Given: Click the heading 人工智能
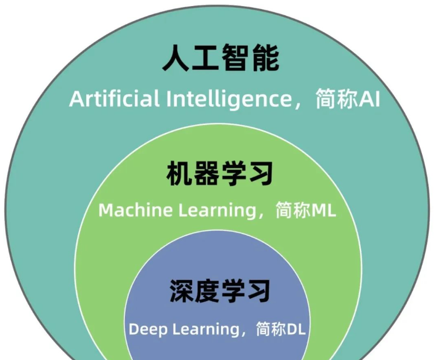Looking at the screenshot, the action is pyautogui.click(x=221, y=59).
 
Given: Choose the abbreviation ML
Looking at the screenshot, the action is pyautogui.click(x=324, y=211).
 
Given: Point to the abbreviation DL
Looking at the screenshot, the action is pyautogui.click(x=297, y=329).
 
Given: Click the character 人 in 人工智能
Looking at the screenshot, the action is pyautogui.click(x=176, y=59).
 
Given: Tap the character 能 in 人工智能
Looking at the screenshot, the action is pyautogui.click(x=265, y=59).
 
